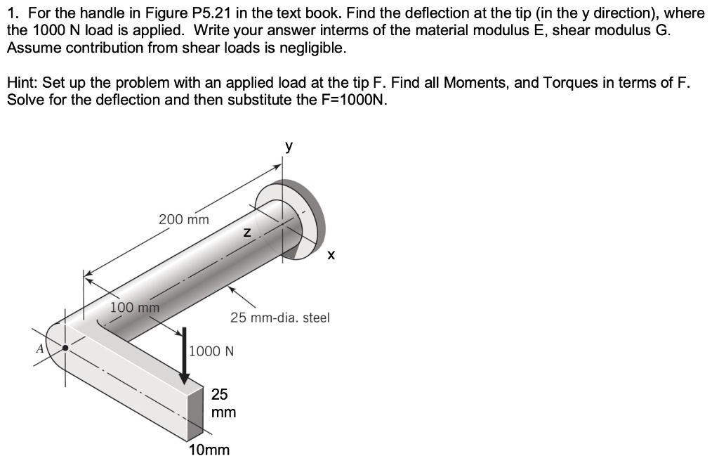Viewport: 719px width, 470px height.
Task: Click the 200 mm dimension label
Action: coord(183,219)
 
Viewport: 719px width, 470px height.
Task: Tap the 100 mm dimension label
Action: coord(135,307)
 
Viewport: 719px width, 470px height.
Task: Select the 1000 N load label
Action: coord(211,351)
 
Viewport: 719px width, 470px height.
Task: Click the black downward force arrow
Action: coord(185,355)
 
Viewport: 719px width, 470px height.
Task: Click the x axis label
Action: coord(331,256)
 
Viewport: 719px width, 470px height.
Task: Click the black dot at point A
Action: coord(66,347)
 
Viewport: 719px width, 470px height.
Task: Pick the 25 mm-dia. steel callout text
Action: coord(279,318)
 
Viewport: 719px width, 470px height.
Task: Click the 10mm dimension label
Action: coord(209,450)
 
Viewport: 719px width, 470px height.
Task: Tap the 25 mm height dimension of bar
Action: coord(223,403)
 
